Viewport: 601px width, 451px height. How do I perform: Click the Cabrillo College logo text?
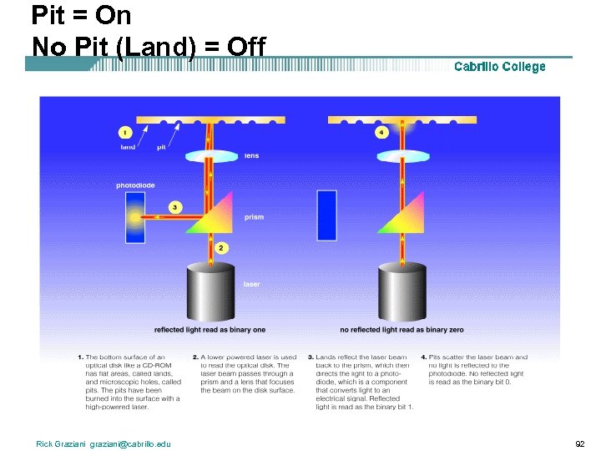click(x=499, y=67)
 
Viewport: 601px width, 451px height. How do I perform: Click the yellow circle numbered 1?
click(x=125, y=132)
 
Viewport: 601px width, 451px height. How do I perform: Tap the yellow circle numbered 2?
click(x=220, y=248)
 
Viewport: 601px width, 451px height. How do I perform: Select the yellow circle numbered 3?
click(x=174, y=206)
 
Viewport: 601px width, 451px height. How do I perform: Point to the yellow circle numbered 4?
click(x=381, y=132)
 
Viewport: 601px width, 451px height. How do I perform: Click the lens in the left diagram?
click(x=210, y=156)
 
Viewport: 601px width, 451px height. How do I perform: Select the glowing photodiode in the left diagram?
click(x=136, y=215)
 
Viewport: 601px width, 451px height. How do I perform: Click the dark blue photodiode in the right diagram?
click(x=327, y=215)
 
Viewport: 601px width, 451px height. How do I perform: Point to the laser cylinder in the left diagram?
click(x=210, y=292)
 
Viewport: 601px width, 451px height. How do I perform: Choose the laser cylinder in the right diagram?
click(x=402, y=292)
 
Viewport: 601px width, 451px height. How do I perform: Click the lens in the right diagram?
click(x=402, y=156)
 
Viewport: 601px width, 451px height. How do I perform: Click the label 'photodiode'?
click(x=135, y=185)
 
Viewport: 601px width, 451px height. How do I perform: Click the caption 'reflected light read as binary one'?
click(x=210, y=330)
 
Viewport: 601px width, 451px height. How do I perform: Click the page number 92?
click(x=580, y=443)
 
